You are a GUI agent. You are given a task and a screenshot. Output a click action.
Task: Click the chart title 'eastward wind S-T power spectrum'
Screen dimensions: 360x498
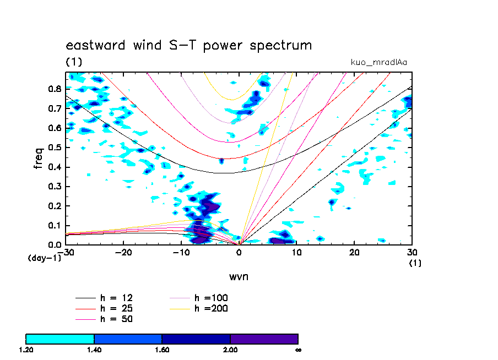[188, 45]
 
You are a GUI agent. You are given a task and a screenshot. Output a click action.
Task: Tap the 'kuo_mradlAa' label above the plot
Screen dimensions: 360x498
[379, 62]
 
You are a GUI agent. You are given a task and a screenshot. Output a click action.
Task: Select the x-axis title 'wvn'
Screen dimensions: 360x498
[239, 276]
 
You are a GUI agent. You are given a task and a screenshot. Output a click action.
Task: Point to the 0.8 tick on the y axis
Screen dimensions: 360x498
[54, 89]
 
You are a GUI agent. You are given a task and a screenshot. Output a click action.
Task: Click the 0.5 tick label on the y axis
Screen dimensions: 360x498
[54, 148]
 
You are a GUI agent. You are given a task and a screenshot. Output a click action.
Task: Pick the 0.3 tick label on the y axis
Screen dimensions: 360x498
[54, 187]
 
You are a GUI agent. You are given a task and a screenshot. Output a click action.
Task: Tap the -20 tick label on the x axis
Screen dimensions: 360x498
[123, 252]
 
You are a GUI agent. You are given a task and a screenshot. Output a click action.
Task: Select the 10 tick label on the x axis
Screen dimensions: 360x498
[297, 252]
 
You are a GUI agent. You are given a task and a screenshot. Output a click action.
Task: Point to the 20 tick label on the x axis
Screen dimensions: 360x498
[355, 252]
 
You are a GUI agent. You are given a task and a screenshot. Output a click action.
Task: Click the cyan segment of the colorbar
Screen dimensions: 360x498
[60, 339]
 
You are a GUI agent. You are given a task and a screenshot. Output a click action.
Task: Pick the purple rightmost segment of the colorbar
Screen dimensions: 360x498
[264, 339]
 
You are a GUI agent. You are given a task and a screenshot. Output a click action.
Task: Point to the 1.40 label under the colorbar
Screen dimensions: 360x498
[94, 350]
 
